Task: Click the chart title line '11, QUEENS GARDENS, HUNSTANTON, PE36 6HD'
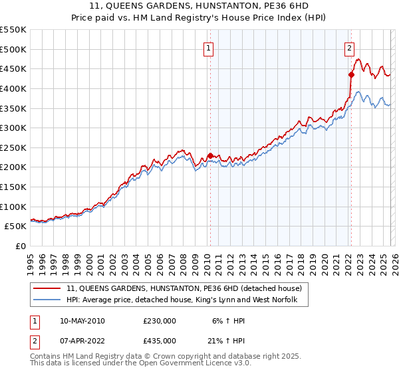[199, 6]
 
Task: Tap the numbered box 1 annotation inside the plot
[209, 48]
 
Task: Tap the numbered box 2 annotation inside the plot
[349, 47]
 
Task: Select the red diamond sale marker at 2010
[210, 155]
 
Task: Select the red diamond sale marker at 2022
[350, 75]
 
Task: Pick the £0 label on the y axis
[21, 246]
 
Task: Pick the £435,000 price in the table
[160, 341]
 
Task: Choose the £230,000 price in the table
[160, 321]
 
